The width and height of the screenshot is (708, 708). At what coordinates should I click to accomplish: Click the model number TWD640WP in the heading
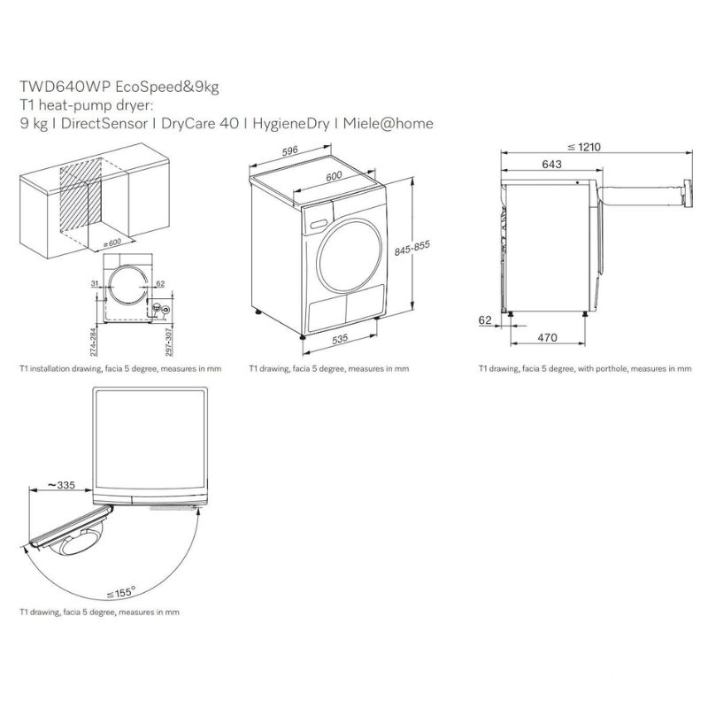(65, 87)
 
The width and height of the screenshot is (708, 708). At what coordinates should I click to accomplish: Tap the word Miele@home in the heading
(388, 123)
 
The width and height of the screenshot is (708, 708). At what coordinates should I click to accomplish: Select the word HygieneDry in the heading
(291, 124)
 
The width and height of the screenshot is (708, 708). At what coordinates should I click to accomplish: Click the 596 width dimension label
(290, 150)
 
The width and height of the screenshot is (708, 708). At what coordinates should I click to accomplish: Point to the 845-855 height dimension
(412, 248)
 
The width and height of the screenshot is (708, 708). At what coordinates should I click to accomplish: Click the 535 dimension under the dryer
(340, 339)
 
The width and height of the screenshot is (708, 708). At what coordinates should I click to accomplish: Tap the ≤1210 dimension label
(584, 147)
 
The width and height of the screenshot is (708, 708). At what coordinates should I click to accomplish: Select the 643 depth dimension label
(551, 165)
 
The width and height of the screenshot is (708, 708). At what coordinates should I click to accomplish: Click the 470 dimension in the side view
(547, 337)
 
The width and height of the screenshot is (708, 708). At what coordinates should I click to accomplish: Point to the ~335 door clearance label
(61, 485)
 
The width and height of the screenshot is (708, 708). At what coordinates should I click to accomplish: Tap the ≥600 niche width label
(112, 242)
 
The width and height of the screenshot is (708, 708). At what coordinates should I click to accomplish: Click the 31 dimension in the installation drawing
(95, 283)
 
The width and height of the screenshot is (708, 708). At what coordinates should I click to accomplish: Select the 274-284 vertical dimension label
(93, 341)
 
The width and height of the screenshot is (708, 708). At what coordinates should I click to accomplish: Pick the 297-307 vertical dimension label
(168, 341)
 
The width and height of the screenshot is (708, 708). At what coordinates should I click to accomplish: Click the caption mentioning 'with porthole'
(585, 369)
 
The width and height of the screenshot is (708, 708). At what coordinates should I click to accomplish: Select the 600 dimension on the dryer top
(334, 176)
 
